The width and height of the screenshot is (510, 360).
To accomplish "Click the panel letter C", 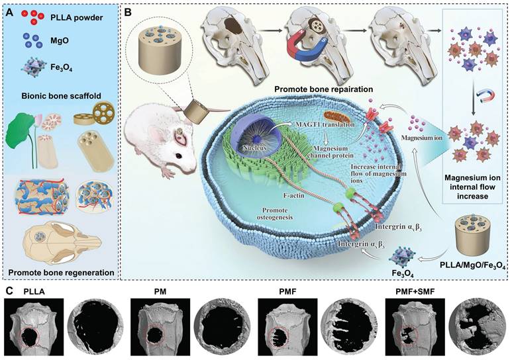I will (x=8, y=289).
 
